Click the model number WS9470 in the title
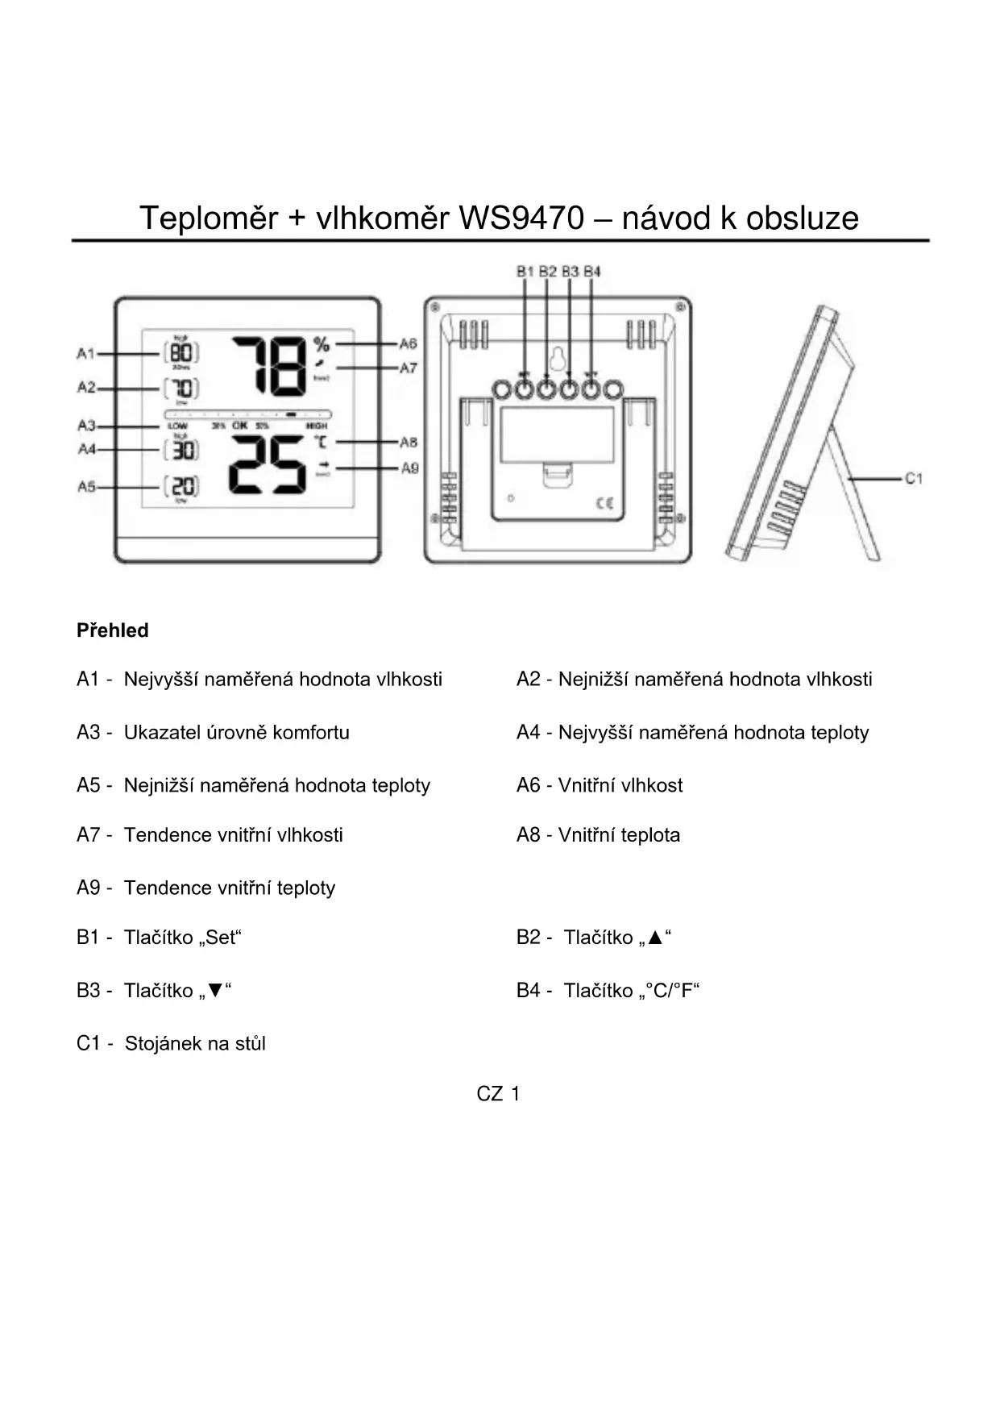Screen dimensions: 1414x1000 521,218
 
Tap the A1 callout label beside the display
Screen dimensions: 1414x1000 86,353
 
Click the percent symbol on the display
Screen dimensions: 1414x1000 322,345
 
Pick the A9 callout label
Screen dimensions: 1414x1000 409,468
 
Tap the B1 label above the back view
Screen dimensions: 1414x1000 525,272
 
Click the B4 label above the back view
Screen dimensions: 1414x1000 592,272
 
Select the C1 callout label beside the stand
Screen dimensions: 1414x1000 913,479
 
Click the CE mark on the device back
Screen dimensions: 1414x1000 604,504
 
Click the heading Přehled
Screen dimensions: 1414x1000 113,630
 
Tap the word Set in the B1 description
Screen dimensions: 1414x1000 220,938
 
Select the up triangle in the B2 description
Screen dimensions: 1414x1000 654,938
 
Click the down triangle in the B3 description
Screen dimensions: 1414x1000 214,991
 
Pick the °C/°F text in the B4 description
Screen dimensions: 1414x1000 668,991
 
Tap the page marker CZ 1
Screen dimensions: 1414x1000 498,1094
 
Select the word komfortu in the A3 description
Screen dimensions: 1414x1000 311,733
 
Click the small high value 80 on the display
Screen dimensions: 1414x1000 182,353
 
